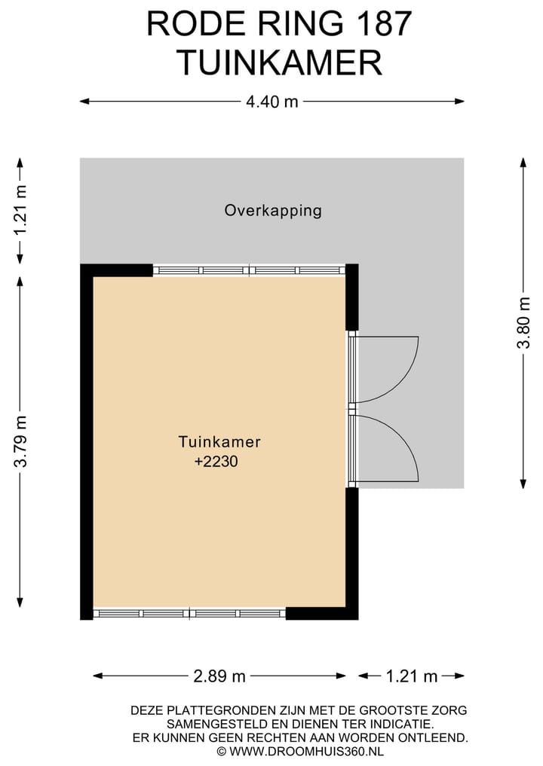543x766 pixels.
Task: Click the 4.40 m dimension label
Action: tap(271, 102)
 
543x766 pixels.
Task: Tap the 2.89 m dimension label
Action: tap(219, 676)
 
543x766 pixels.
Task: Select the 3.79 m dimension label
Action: tap(20, 441)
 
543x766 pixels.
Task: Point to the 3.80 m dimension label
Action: tap(523, 322)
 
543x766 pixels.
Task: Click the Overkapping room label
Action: tap(273, 211)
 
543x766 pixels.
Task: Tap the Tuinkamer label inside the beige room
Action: tap(219, 441)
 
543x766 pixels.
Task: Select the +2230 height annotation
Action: tap(216, 461)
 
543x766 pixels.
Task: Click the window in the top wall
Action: tap(250, 270)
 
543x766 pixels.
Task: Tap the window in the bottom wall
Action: tap(189, 614)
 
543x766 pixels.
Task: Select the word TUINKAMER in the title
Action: tap(279, 63)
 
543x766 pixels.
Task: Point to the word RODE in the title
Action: tap(191, 23)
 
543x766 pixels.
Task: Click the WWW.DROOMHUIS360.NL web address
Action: tap(306, 751)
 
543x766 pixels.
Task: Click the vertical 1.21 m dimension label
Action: tap(20, 211)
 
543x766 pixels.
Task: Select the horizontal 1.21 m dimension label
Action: tap(412, 676)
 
